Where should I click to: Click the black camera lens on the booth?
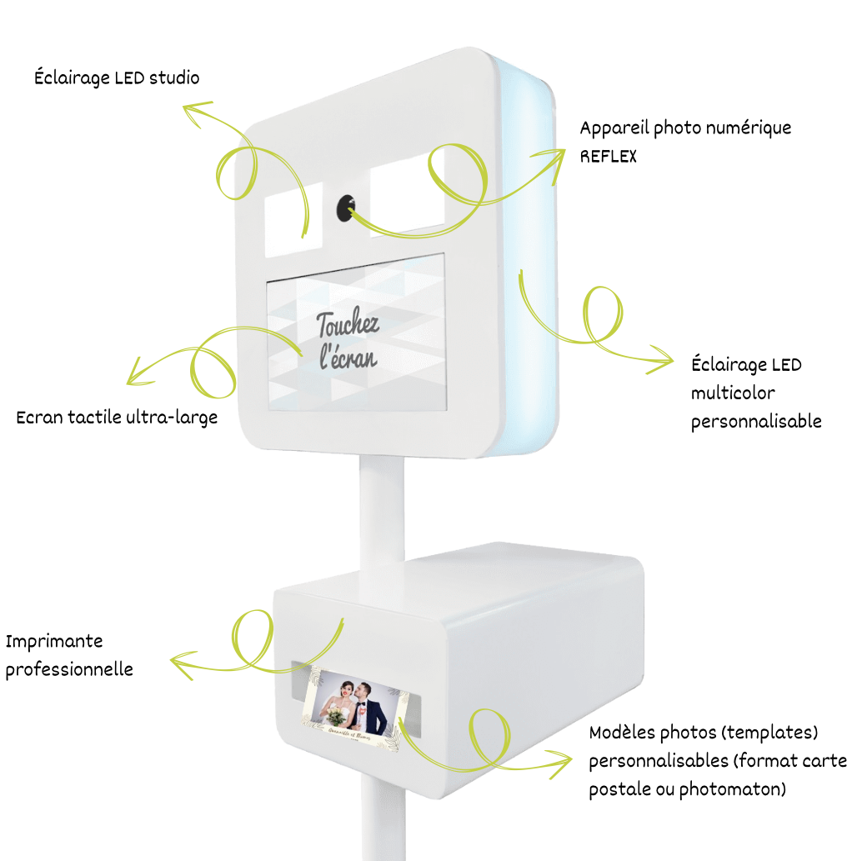345,208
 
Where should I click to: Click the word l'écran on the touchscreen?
348,356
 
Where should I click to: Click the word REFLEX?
609,156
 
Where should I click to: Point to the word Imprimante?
54,641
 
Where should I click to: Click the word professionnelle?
69,669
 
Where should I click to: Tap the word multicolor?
733,393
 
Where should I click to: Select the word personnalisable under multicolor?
756,421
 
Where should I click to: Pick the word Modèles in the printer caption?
623,733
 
